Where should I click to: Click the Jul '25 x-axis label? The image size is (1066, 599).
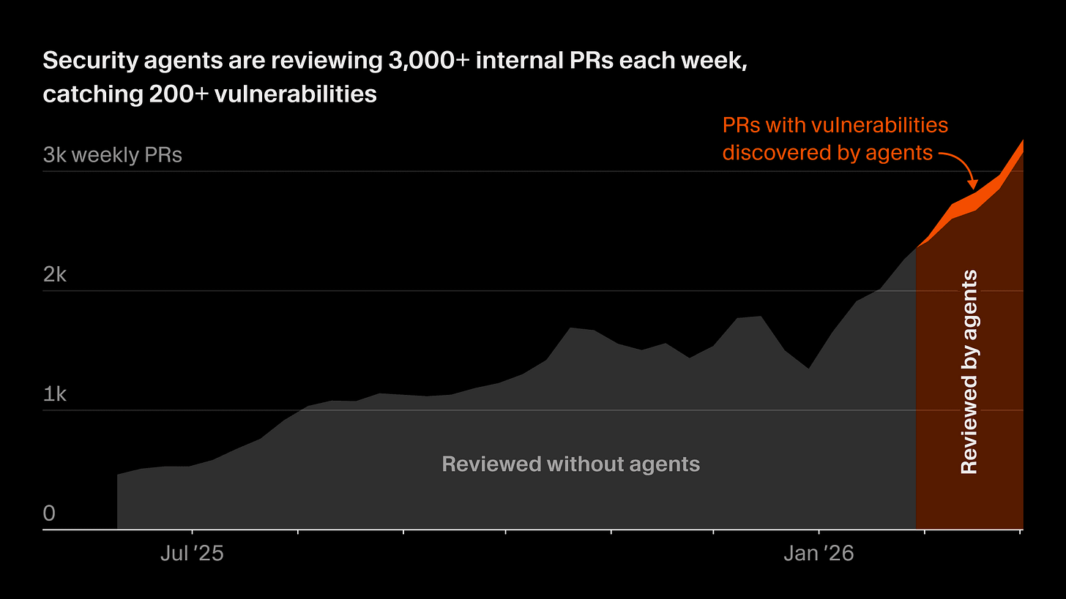pos(192,554)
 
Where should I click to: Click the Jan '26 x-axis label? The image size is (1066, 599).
pos(819,554)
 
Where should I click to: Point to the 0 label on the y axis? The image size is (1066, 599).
pos(49,513)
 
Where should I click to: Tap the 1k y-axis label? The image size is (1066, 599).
pos(55,394)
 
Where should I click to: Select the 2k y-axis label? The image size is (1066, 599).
pos(55,274)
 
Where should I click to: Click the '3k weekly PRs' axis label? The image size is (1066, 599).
pos(112,155)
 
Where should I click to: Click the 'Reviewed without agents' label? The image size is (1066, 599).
pos(570,464)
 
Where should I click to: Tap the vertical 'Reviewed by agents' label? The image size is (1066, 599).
pos(969,372)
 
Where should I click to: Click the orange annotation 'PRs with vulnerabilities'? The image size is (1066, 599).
pos(835,126)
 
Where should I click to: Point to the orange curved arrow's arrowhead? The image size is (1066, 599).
pos(973,184)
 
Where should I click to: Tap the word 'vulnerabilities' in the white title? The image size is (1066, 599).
pos(296,94)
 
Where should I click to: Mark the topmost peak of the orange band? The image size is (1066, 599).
pos(1023,140)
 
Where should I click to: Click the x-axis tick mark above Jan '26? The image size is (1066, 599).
pos(819,532)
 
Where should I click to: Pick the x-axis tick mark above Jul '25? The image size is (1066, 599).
pos(193,532)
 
